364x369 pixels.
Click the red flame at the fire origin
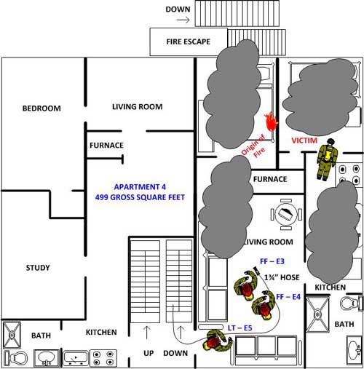[272, 122]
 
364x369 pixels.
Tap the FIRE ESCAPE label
[189, 41]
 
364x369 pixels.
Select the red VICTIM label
[304, 140]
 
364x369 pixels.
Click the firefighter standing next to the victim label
[327, 159]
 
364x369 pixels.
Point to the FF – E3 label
[272, 261]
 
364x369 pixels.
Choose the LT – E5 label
[240, 328]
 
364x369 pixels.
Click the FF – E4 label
[288, 297]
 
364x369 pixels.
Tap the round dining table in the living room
[286, 214]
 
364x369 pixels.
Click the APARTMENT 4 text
[140, 187]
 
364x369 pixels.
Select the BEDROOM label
[41, 108]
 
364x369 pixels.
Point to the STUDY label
[38, 268]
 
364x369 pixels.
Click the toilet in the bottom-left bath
[16, 358]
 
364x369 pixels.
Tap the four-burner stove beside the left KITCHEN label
[103, 358]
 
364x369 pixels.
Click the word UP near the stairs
[149, 353]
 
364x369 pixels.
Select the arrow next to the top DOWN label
[183, 20]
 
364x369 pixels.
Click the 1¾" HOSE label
[282, 277]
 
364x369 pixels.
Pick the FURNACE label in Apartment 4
[106, 146]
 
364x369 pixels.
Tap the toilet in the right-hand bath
[352, 303]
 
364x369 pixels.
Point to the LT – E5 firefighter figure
[217, 341]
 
